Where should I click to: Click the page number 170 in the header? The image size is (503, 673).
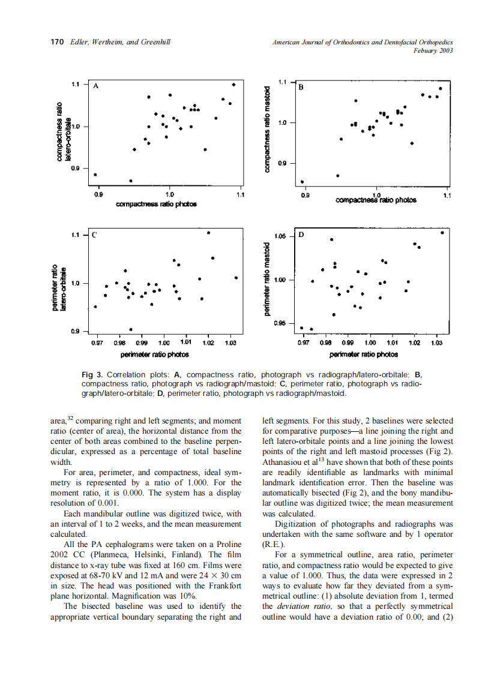tap(56, 43)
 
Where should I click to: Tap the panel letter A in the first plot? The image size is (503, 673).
tap(95, 86)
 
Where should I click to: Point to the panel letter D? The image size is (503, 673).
tap(301, 235)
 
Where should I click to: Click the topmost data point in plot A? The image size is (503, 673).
tap(233, 85)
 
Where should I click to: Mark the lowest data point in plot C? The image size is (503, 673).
tap(131, 329)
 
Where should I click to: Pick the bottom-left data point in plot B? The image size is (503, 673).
tap(302, 182)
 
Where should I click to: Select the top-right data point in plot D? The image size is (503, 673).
tap(442, 233)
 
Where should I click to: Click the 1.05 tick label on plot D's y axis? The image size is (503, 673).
tap(280, 236)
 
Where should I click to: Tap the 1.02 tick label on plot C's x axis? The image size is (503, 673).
tap(208, 342)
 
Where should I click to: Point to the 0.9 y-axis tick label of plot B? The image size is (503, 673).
tap(285, 163)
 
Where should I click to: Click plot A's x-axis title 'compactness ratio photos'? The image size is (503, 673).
tap(156, 204)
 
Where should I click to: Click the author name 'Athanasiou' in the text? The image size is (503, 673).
tap(283, 462)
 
